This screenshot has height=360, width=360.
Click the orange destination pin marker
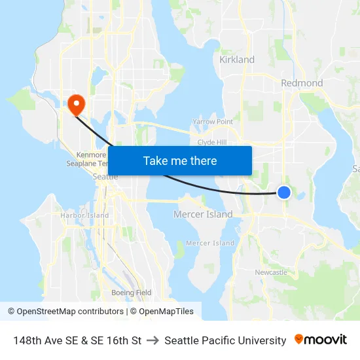(x=76, y=104)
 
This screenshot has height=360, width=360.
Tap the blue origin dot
(x=284, y=192)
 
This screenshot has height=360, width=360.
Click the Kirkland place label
(x=237, y=60)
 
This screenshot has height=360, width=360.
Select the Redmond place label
(x=302, y=83)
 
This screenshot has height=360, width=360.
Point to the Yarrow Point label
(x=213, y=122)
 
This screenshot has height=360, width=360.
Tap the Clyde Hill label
(x=211, y=142)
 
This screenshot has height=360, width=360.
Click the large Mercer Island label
(x=203, y=214)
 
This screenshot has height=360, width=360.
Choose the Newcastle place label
(x=271, y=272)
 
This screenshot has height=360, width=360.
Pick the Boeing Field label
(x=132, y=293)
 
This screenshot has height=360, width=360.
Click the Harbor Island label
(x=84, y=215)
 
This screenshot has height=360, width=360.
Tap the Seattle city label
(x=105, y=177)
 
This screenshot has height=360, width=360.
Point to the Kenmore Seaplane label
(x=87, y=159)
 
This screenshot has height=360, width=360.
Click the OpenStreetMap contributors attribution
(x=65, y=312)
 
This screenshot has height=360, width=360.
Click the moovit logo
(x=321, y=340)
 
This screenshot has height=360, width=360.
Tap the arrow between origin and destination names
(x=153, y=340)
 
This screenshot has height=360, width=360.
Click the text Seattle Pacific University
(x=225, y=340)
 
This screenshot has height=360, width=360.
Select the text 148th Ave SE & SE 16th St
(x=77, y=340)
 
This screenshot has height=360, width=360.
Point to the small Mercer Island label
(x=210, y=243)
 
